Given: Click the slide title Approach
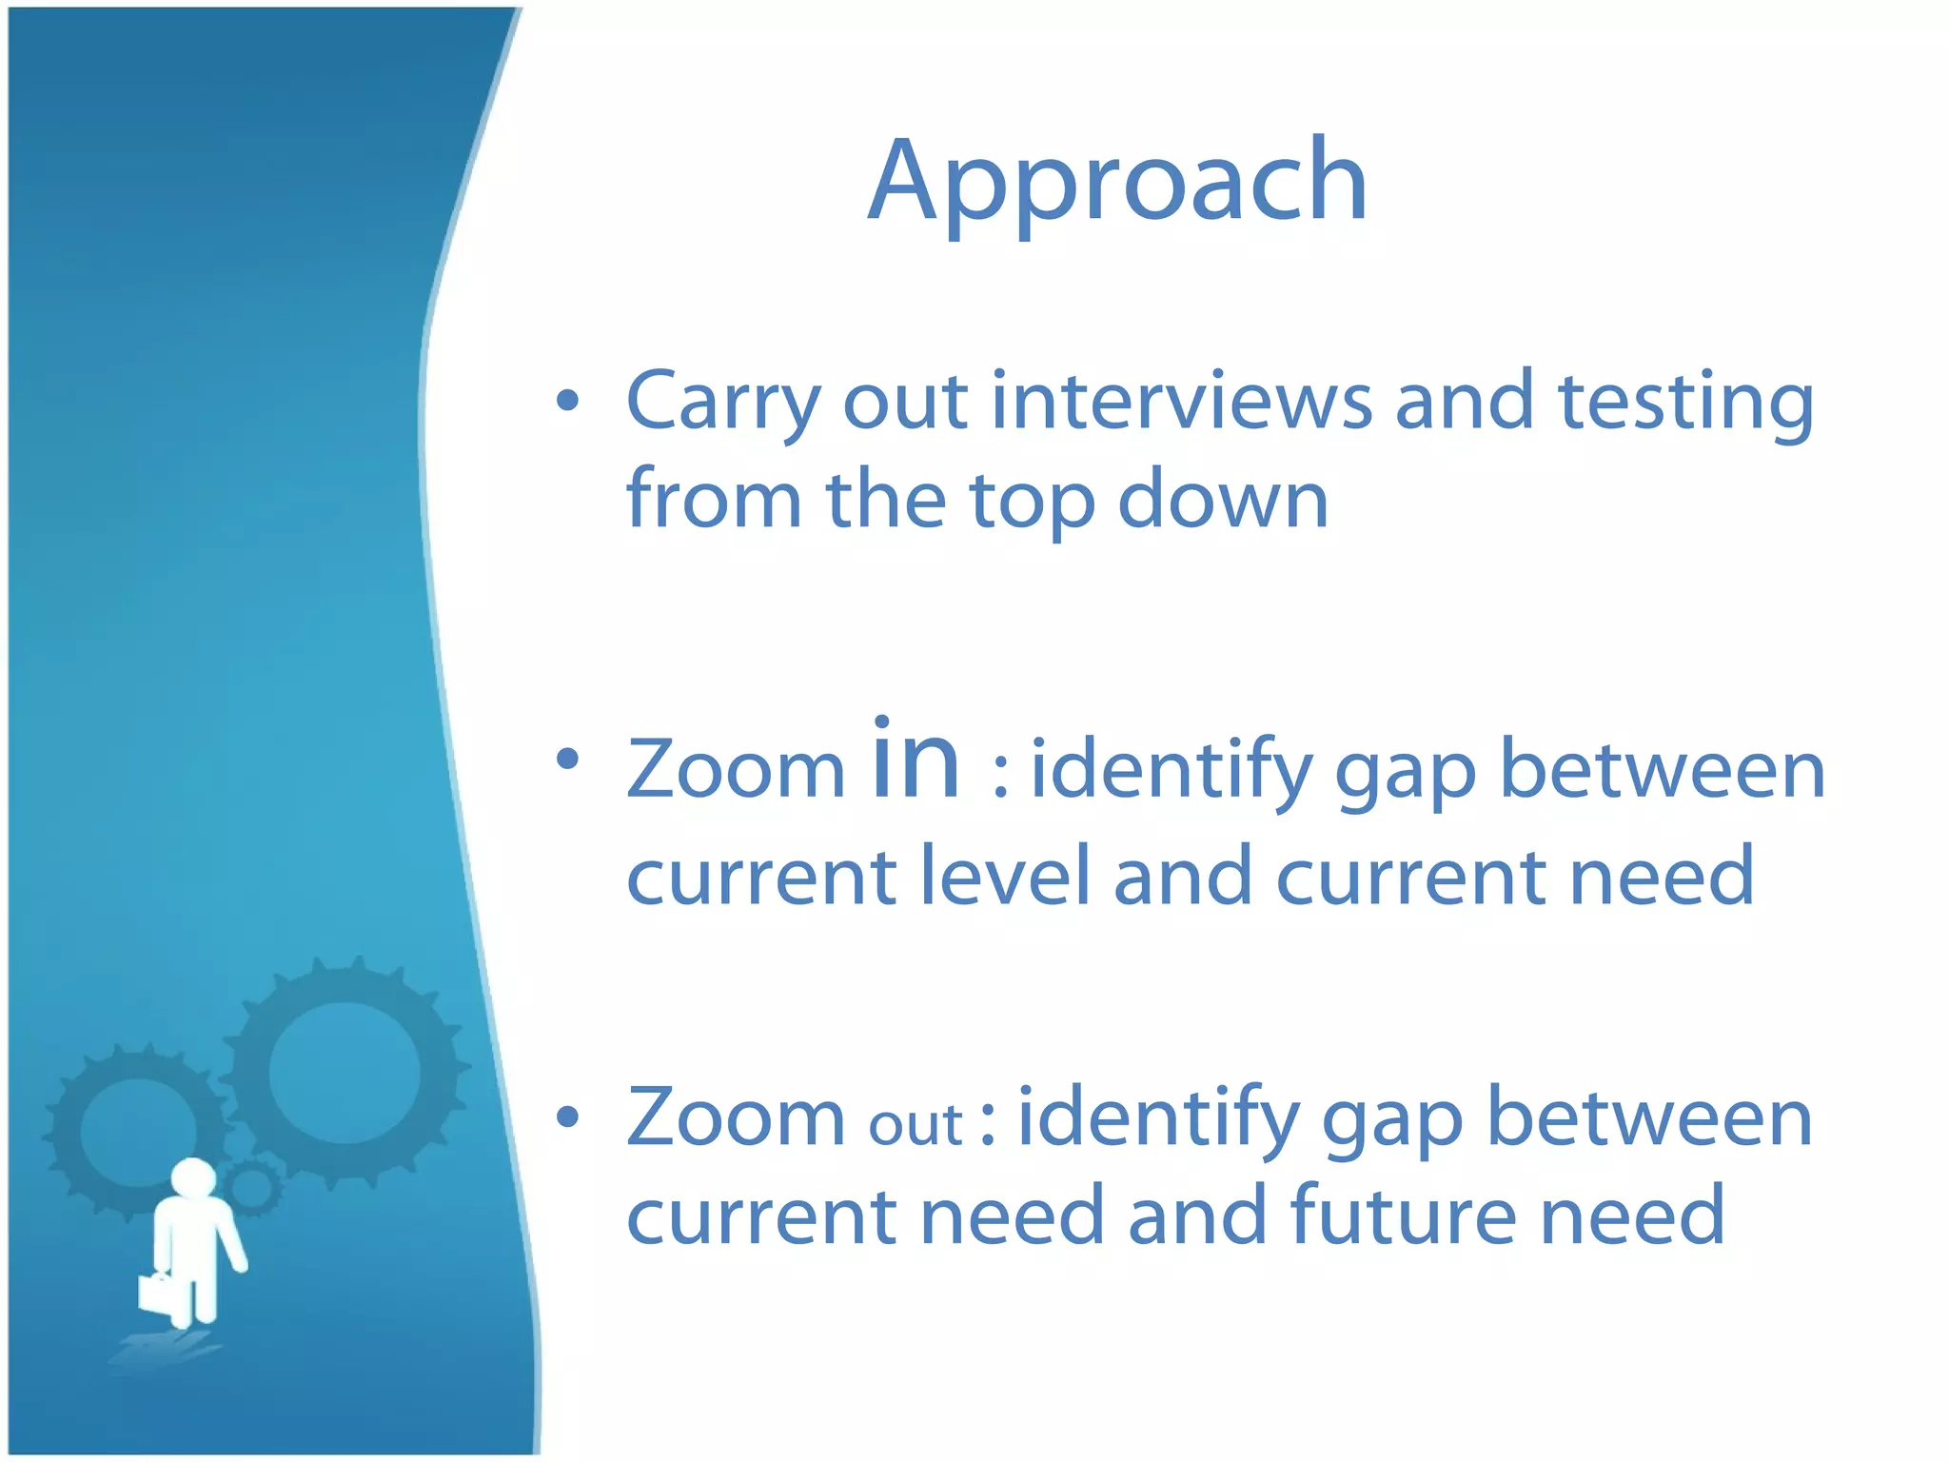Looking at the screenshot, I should (1117, 181).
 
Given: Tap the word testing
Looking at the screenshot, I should (1685, 401).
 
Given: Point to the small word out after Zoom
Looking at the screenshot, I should (915, 1126).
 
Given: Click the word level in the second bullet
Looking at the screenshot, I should (1005, 876).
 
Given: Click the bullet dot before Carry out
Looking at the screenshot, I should (568, 401).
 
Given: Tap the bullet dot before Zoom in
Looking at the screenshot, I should (568, 759).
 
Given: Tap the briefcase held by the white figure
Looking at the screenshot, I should (156, 1293).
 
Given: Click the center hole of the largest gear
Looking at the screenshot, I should (344, 1073).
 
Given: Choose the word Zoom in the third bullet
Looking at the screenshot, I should (736, 1119).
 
